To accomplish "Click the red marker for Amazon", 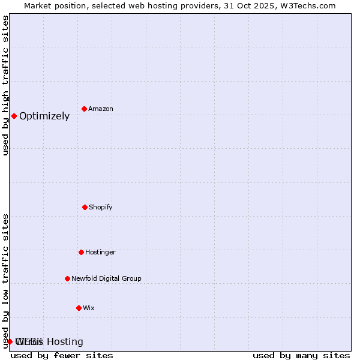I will click(x=85, y=109).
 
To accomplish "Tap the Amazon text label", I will click(x=101, y=109).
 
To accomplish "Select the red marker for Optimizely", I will click(x=14, y=116).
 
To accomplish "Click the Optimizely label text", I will click(x=44, y=116).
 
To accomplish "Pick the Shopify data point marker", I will click(x=85, y=207).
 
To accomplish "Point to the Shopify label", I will click(x=101, y=207).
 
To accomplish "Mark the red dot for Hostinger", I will click(x=81, y=252).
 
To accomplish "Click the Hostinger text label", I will click(x=100, y=252).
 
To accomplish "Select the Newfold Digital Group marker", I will click(x=67, y=278).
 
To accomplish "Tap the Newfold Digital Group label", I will click(x=106, y=278).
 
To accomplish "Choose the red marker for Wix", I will click(x=79, y=308).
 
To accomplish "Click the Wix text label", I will click(x=89, y=308).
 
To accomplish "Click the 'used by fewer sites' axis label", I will click(x=62, y=355).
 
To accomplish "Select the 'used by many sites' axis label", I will click(x=301, y=355).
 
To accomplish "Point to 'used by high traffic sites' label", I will click(x=6, y=85).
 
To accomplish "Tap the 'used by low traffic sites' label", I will click(x=6, y=281).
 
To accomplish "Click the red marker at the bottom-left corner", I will click(x=10, y=341).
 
